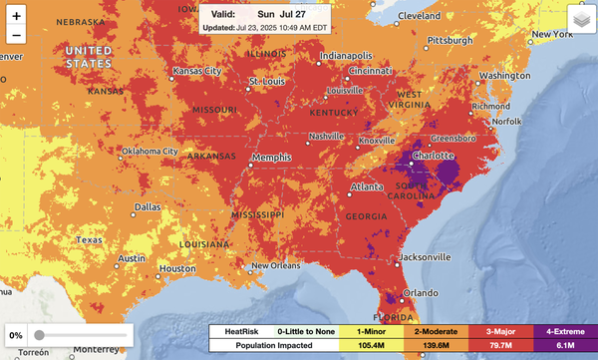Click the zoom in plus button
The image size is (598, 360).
pos(16,17)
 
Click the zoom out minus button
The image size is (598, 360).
pos(16,36)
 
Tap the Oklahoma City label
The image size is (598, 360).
pos(149,152)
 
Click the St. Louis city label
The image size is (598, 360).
pos(266,81)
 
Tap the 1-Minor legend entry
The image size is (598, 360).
pos(371,330)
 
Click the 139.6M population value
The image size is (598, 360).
pos(436,345)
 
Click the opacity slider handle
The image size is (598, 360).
pos(39,335)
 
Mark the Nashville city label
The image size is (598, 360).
pos(326,136)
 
